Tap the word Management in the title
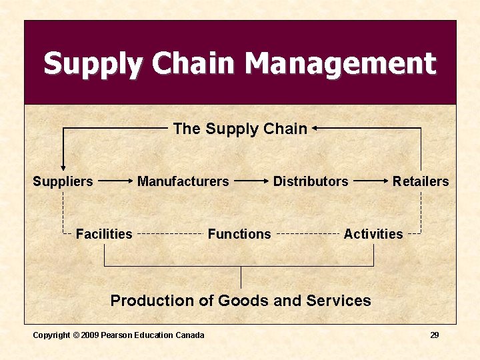tap(340, 65)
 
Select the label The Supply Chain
tap(240, 129)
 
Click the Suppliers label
tap(63, 181)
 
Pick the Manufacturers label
tap(183, 181)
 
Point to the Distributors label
tap(311, 181)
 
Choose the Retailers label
tap(421, 181)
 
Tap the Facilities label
tap(104, 234)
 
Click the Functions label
tap(239, 234)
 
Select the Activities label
tap(373, 234)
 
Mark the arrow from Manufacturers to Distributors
tap(252, 181)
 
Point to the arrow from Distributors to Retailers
tap(371, 181)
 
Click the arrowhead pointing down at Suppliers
tap(63, 167)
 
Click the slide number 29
tap(434, 335)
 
